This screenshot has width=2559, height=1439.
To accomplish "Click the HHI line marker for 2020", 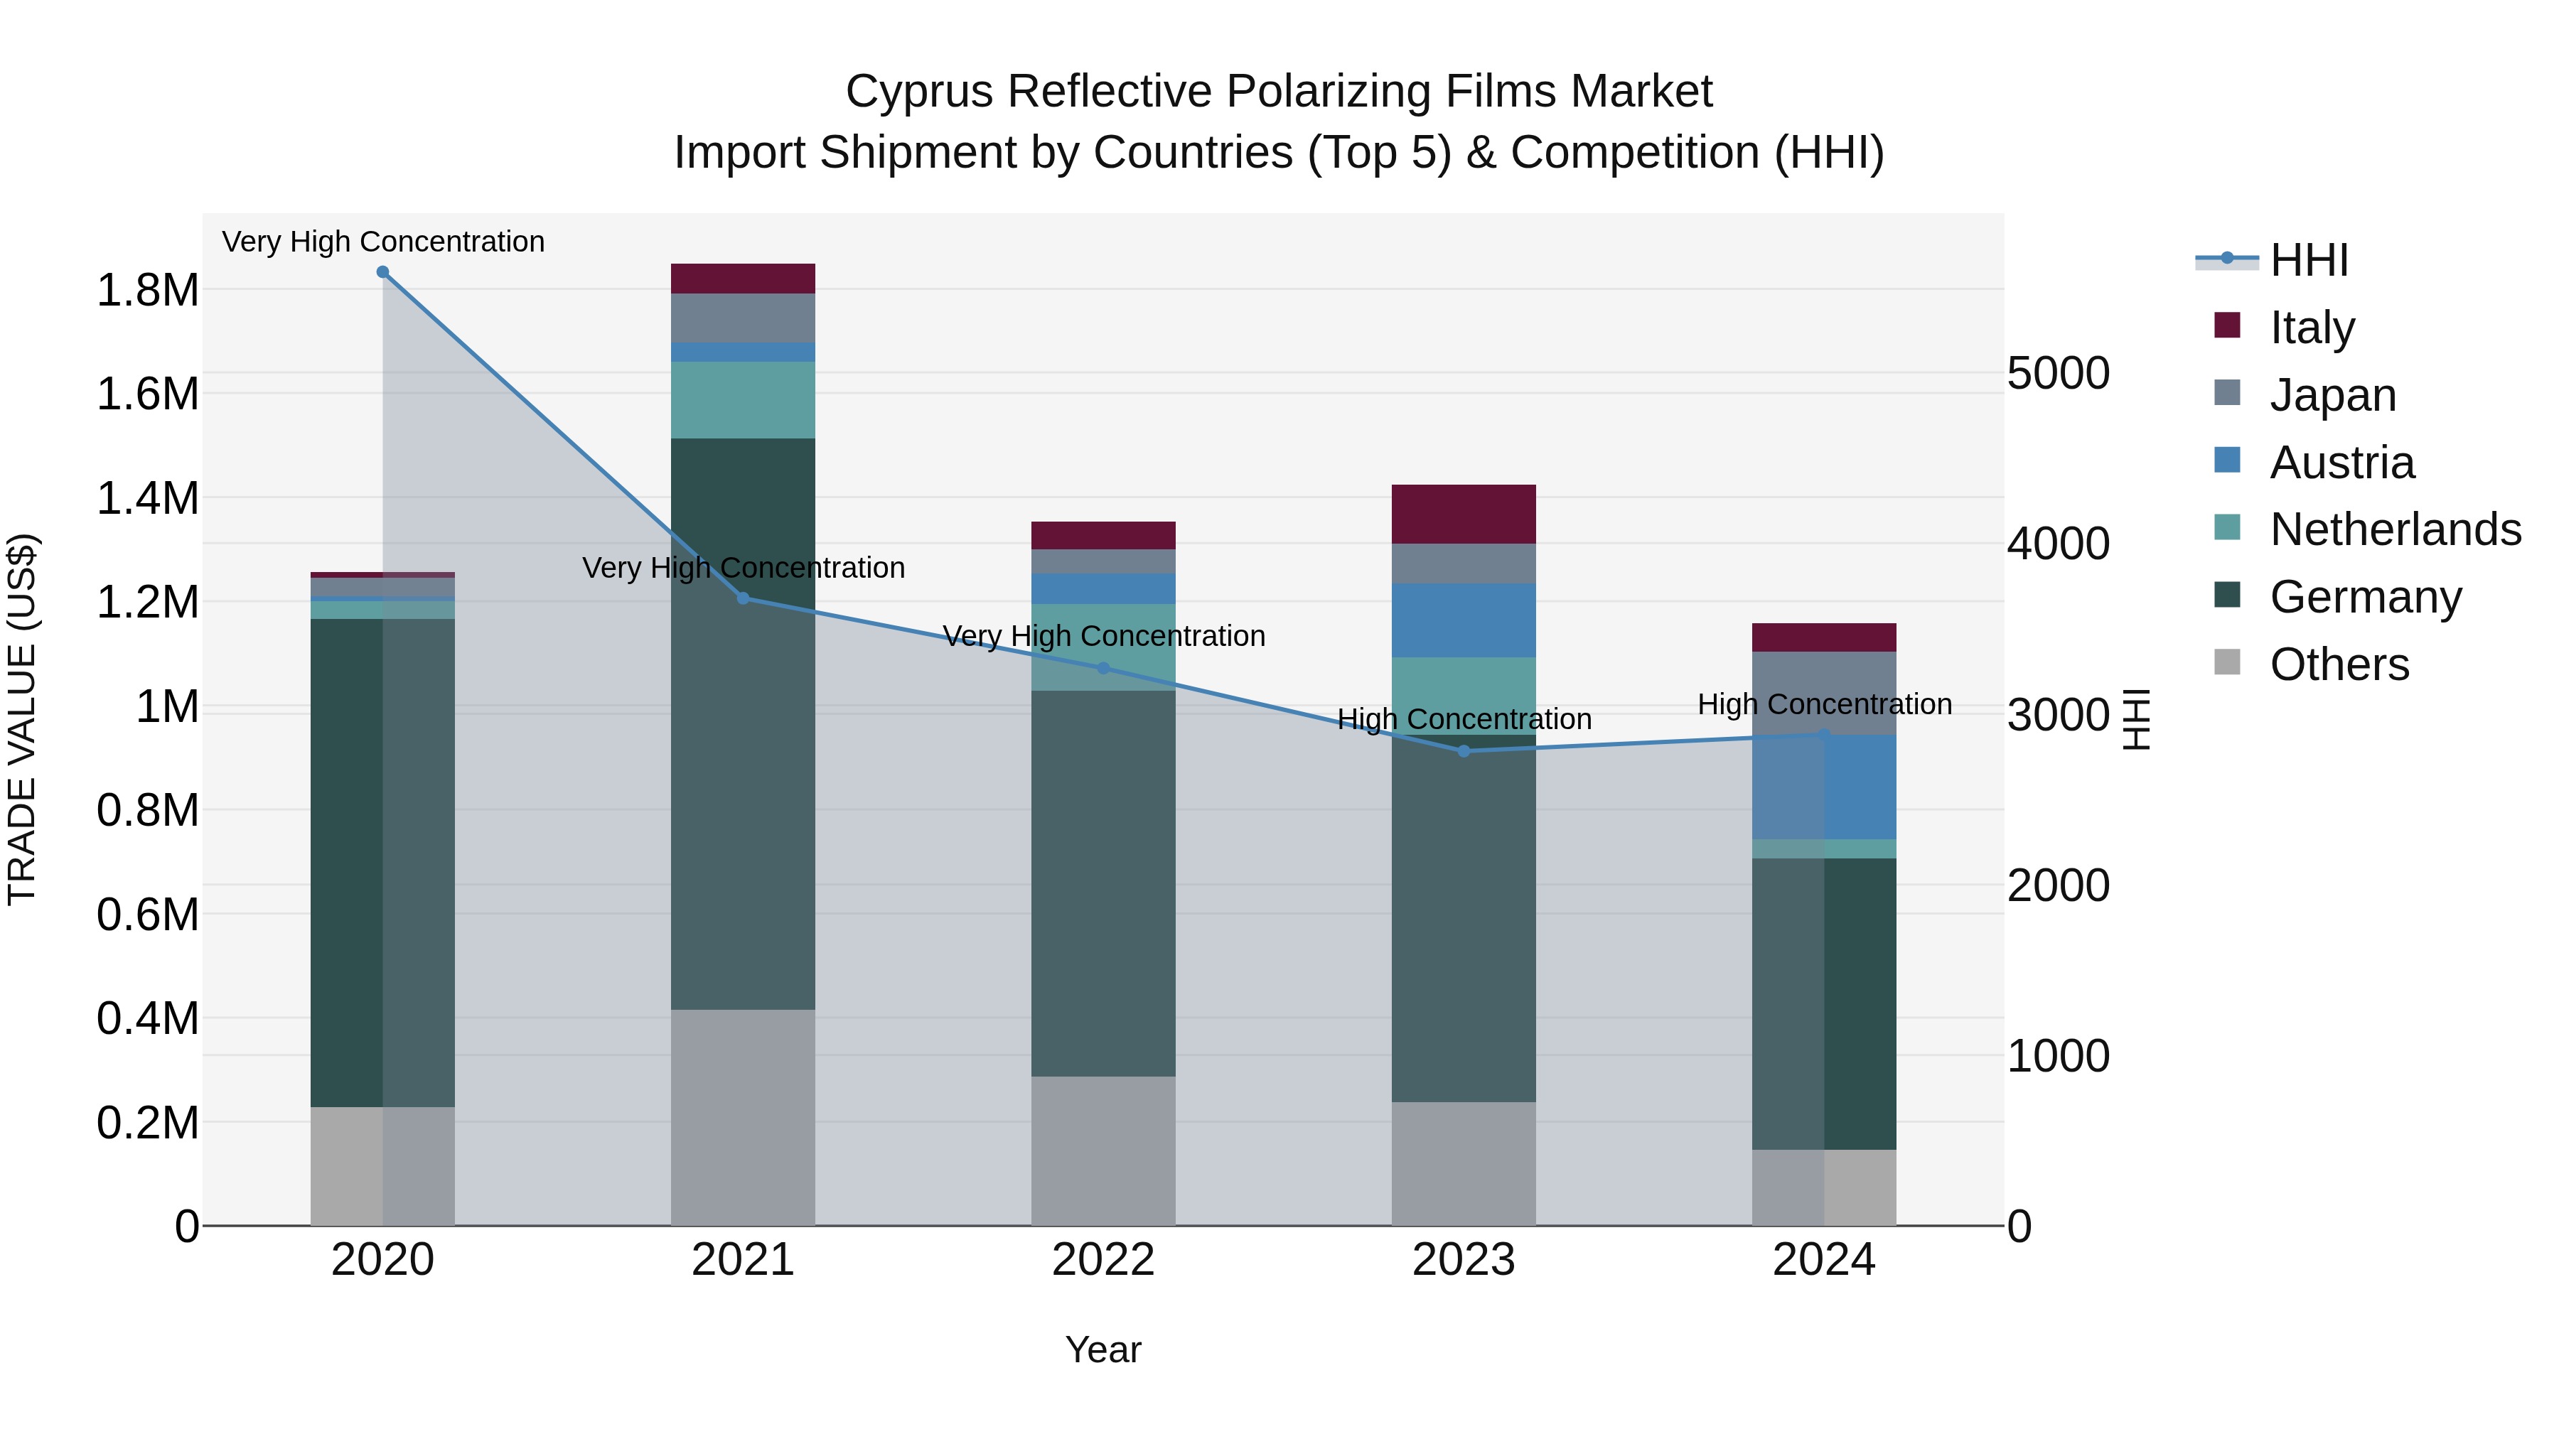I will coord(382,272).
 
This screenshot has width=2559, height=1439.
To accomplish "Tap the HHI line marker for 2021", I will coord(743,598).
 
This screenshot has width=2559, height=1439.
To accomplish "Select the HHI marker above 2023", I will coord(1464,751).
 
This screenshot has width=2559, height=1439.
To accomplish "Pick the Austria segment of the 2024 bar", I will coord(1824,787).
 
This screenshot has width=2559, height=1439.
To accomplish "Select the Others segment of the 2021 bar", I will coord(743,1117).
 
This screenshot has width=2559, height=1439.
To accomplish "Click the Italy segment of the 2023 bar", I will coord(1464,514).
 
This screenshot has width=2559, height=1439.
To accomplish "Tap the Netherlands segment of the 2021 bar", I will coord(743,399).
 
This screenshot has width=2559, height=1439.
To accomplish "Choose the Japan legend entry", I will coord(2332,395).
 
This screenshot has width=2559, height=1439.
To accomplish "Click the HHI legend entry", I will coord(2307,260).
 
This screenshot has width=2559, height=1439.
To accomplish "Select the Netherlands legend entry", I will coord(2394,529).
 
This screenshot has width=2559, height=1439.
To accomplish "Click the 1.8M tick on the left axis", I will coord(147,291).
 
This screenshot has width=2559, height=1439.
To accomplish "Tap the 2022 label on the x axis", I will coord(1103,1260).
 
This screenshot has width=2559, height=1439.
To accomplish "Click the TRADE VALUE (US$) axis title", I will coord(22,719).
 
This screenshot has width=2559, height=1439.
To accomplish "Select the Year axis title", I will coord(1103,1349).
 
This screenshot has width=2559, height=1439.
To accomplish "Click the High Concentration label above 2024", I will coord(1824,704).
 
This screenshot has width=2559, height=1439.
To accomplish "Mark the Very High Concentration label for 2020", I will coord(382,242).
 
